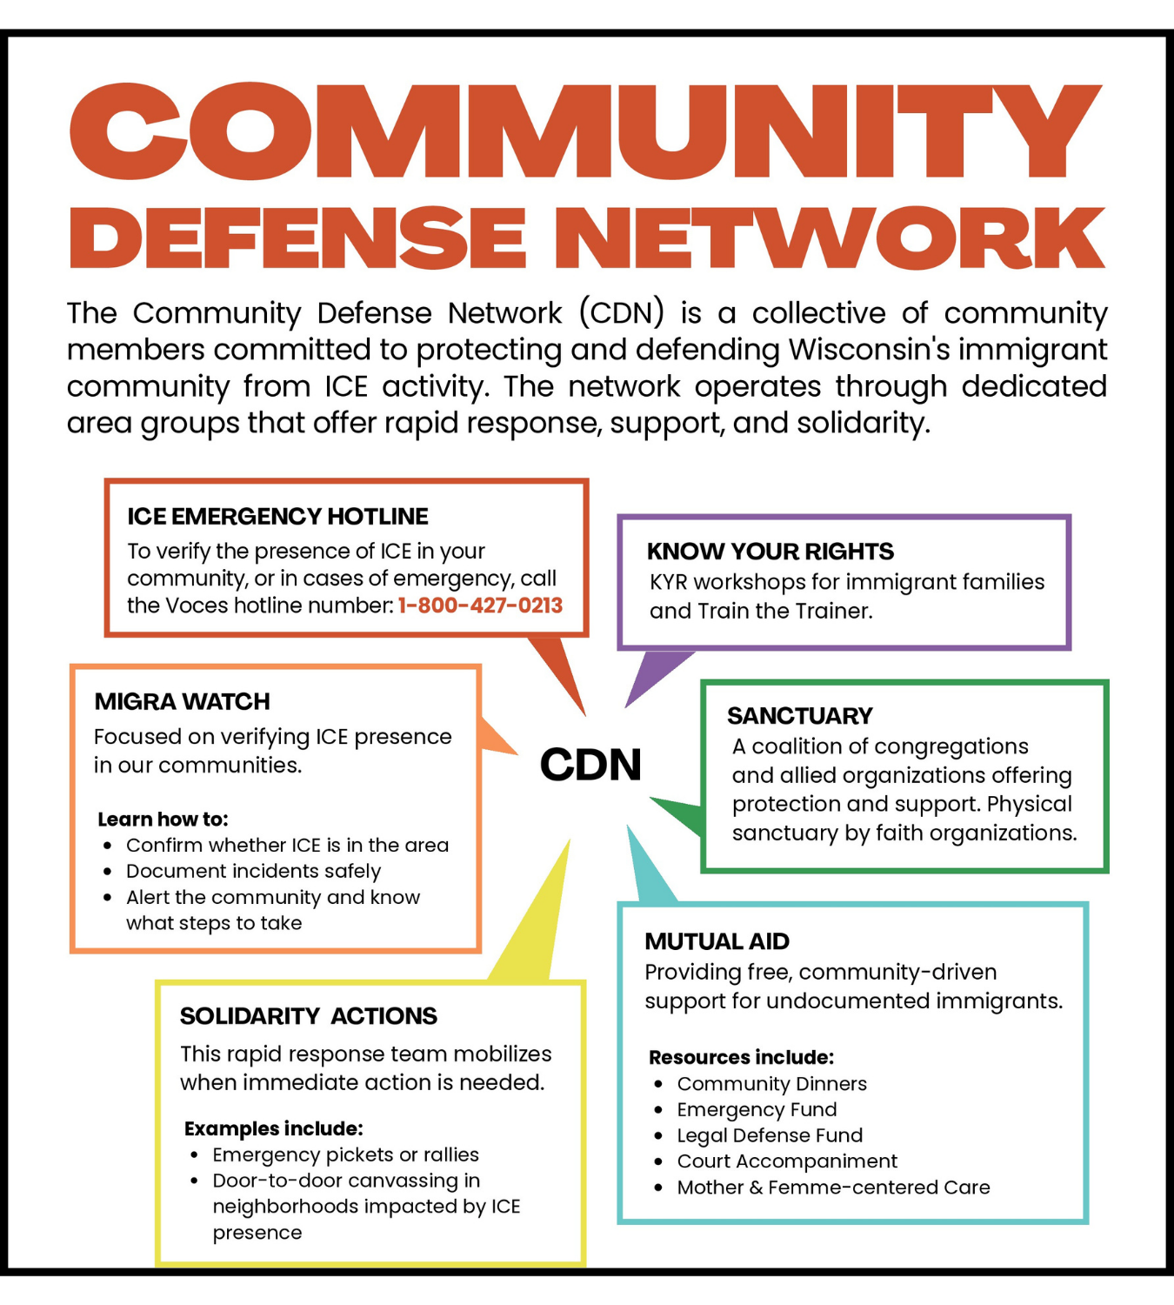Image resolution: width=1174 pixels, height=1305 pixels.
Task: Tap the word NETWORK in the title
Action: click(838, 238)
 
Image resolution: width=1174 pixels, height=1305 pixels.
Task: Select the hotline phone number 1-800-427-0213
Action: click(480, 606)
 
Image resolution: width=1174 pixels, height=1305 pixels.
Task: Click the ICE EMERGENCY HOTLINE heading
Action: click(277, 517)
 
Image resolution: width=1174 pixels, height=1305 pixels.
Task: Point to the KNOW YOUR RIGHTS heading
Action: click(770, 552)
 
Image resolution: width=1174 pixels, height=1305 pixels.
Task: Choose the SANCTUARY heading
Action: click(799, 716)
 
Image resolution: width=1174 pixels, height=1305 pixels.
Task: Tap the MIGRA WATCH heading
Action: click(182, 701)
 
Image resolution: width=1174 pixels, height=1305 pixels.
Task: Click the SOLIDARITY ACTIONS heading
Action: click(308, 1016)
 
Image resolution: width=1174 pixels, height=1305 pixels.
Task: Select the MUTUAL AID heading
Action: click(717, 941)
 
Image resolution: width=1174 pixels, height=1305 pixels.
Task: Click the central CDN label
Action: click(590, 765)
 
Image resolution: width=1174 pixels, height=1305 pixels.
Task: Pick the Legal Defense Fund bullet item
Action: click(770, 1135)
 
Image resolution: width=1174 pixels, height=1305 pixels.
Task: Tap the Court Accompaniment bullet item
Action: click(787, 1161)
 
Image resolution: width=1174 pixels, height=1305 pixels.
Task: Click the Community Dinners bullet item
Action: click(771, 1084)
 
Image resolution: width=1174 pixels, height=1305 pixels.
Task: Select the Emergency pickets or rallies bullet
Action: click(345, 1154)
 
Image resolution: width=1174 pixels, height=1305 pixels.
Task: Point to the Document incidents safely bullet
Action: click(253, 871)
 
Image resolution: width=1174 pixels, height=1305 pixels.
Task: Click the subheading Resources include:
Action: click(741, 1057)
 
